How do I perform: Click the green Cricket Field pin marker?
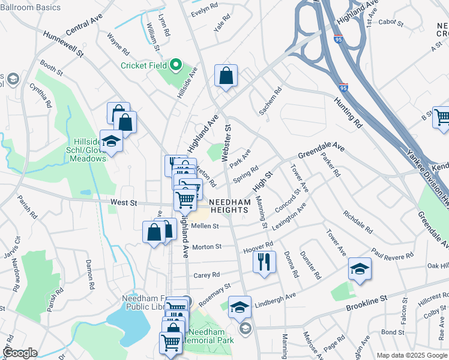click(176, 64)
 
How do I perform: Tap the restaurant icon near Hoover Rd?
click(264, 263)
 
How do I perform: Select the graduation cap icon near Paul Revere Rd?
click(359, 269)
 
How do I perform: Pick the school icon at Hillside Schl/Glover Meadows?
click(111, 142)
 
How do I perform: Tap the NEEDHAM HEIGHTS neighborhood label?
click(230, 206)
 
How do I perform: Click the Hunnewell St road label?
click(62, 42)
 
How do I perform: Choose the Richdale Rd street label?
click(358, 222)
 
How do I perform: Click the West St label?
click(122, 204)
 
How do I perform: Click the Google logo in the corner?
click(20, 353)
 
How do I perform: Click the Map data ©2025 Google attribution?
click(411, 355)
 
